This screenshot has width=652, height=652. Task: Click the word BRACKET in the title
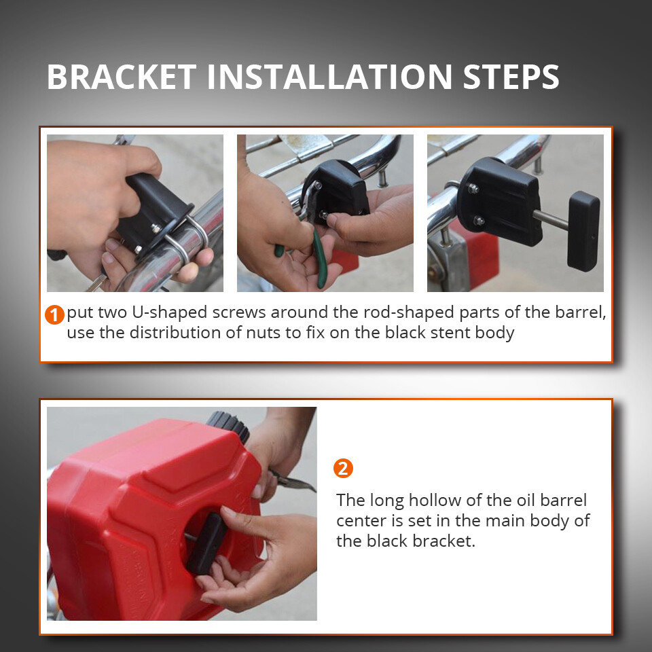[x=122, y=77]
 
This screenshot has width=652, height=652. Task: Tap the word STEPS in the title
[x=511, y=77]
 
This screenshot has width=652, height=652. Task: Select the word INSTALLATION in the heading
[x=329, y=77]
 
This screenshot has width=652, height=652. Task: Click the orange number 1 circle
[x=54, y=314]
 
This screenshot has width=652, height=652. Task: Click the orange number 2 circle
[x=343, y=468]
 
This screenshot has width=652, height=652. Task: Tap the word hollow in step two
[x=444, y=501]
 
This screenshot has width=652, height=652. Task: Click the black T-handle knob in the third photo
[x=583, y=231]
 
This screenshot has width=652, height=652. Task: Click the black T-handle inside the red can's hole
[x=206, y=543]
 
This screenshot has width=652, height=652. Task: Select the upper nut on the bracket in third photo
[x=473, y=189]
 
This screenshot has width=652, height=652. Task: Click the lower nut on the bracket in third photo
[x=479, y=220]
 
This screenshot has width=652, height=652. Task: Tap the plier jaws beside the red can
[x=293, y=482]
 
